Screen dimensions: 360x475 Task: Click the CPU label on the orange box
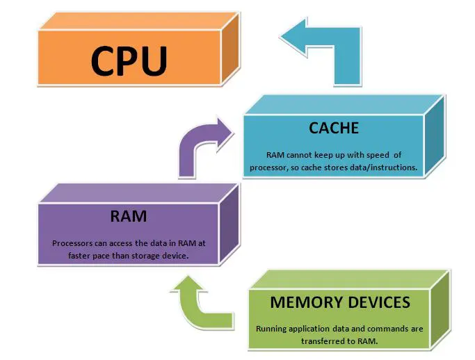129,60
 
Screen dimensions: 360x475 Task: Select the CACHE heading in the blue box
334,129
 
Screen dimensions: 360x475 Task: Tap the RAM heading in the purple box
129,216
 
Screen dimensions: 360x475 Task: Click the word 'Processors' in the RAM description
74,243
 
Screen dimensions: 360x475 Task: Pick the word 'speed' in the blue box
385,155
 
